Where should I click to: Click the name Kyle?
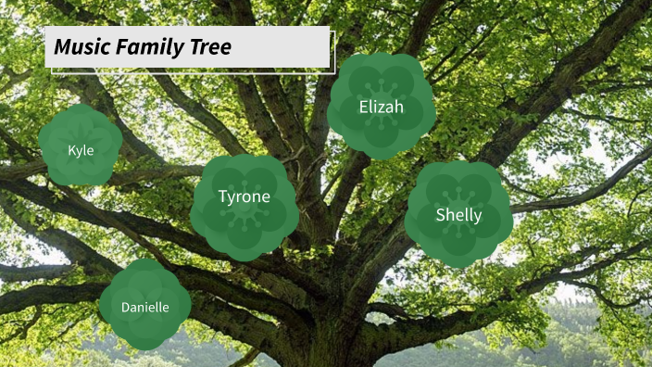coord(81,149)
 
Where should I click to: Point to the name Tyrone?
coord(244,196)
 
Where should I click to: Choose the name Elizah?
coord(382,108)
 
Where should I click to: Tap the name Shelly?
coord(459,215)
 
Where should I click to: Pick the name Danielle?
coord(145,307)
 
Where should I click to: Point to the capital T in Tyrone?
coord(223,196)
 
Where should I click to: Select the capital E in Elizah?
coord(364,108)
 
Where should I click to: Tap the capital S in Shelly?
coord(442,215)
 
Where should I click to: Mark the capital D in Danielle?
coord(126,307)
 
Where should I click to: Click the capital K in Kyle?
coord(71,149)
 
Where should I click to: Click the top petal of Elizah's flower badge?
coord(382,67)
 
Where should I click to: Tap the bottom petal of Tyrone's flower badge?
coord(244,245)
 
